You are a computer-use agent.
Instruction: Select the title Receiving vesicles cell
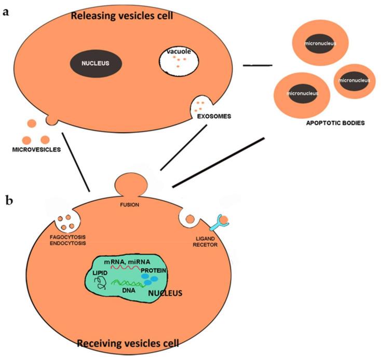pyautogui.click(x=129, y=342)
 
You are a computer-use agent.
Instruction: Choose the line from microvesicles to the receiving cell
pyautogui.click(x=76, y=162)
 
